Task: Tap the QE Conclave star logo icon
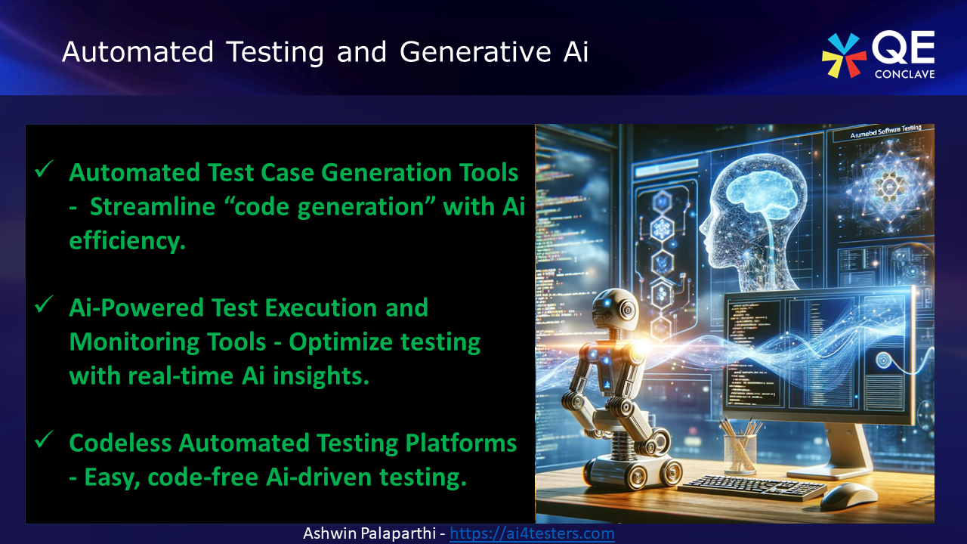(x=844, y=55)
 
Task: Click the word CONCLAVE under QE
(x=904, y=74)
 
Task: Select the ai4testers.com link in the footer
(x=532, y=533)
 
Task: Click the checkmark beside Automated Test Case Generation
(x=43, y=171)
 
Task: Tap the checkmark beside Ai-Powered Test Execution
(x=43, y=305)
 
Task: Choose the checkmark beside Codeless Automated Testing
(x=43, y=440)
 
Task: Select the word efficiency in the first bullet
(x=127, y=241)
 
